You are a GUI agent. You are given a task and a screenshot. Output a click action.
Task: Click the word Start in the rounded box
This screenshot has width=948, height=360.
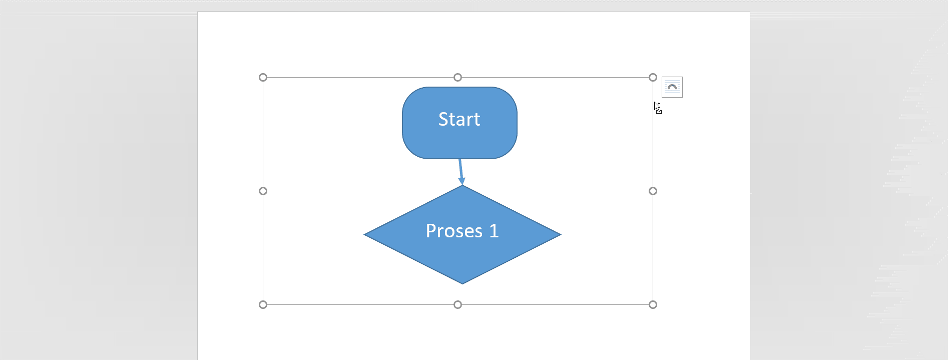tap(459, 119)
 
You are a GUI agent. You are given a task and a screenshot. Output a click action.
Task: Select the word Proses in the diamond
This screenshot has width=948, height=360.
tap(454, 231)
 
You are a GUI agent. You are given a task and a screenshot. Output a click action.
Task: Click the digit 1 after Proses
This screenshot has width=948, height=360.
tap(494, 231)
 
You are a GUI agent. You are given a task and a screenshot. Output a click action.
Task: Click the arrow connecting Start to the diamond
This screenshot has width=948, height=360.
tap(460, 170)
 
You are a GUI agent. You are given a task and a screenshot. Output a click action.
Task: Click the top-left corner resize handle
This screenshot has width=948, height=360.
tap(263, 77)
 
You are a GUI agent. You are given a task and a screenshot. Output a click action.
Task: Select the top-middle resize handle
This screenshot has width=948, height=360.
tap(457, 77)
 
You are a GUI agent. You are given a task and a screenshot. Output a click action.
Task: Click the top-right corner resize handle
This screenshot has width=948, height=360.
tap(653, 77)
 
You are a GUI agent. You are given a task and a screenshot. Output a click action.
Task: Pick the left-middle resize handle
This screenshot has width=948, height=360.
tap(263, 191)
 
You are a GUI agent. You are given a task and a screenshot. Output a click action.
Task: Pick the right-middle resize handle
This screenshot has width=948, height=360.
tap(653, 191)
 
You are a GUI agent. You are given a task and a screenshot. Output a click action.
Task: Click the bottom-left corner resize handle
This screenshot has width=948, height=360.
tap(263, 304)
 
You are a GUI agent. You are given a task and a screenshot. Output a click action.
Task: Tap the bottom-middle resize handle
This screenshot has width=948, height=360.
tap(457, 304)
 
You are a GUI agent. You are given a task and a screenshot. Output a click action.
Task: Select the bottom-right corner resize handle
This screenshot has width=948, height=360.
tap(653, 304)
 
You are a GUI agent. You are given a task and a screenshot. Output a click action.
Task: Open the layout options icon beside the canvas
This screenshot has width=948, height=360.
tap(672, 87)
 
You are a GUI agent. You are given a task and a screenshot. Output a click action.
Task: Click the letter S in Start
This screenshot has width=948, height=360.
tap(443, 119)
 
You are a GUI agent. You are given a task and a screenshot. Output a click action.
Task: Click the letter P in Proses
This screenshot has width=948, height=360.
tap(430, 231)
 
